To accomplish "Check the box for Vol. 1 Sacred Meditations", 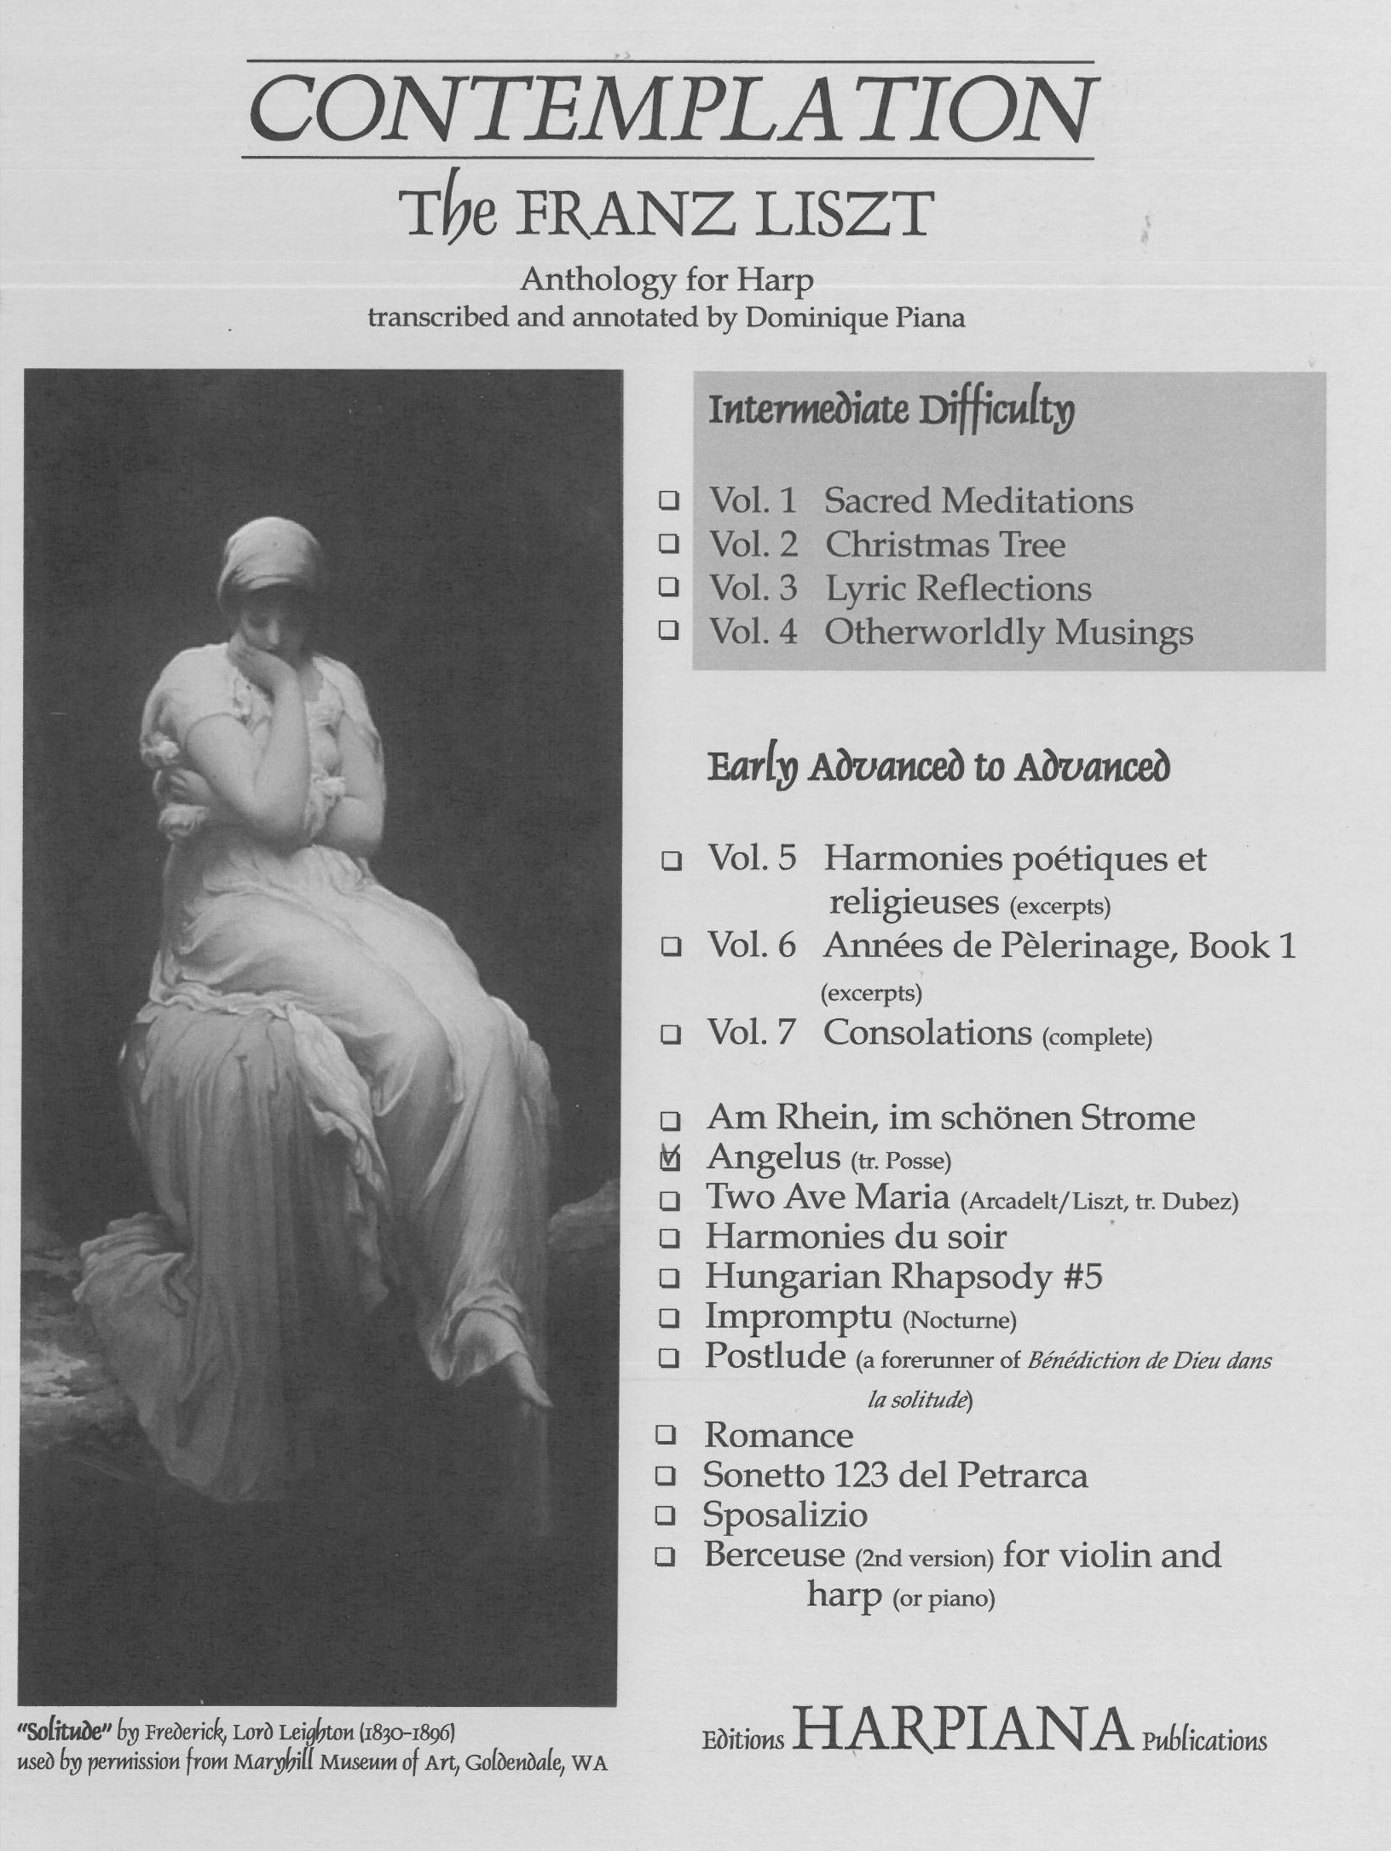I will [670, 502].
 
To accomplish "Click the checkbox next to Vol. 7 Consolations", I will [671, 1035].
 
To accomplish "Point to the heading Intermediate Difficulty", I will [892, 413].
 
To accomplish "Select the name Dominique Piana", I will [855, 319].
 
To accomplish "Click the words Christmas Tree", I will [944, 545].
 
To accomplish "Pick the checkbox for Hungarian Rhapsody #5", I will [670, 1278].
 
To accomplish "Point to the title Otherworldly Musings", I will [1008, 633].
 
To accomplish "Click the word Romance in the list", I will [777, 1436].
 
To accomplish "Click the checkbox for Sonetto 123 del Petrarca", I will [668, 1476].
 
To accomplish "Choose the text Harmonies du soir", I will [855, 1237].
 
